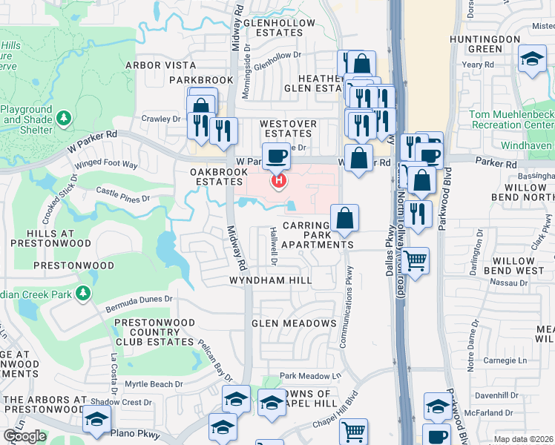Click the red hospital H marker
(x=279, y=180)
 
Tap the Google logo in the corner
(x=24, y=435)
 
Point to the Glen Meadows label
(x=294, y=323)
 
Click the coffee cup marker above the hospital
(x=277, y=156)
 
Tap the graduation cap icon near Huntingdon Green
(x=532, y=60)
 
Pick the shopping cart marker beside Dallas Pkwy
(x=415, y=260)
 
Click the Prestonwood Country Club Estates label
(x=154, y=332)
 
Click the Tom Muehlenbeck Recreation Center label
(x=511, y=120)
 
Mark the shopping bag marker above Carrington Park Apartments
(x=345, y=218)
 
